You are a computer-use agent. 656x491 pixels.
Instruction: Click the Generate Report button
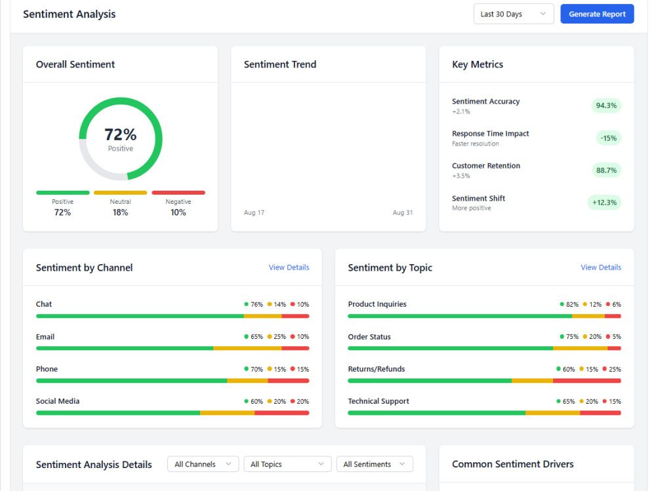point(597,14)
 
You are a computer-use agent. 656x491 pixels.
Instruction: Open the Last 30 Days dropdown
point(514,14)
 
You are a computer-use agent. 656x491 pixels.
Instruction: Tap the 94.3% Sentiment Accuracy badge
point(606,106)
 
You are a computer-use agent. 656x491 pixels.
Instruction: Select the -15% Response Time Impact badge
point(608,138)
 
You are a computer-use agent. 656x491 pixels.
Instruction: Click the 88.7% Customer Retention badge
point(606,170)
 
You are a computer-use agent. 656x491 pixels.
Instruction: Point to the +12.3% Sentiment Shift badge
point(604,203)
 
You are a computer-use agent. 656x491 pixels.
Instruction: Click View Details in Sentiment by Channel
point(289,267)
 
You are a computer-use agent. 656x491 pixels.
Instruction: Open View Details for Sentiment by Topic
point(601,267)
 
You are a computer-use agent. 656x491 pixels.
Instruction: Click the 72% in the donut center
point(121,134)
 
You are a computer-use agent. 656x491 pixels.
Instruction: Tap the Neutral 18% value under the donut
point(120,212)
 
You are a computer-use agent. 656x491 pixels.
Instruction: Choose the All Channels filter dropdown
point(203,464)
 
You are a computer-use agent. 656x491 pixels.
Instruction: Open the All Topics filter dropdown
point(287,464)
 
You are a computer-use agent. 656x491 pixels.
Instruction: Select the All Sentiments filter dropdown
point(375,464)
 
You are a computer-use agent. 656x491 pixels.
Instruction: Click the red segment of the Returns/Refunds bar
point(587,381)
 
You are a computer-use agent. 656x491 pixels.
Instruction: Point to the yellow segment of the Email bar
point(247,348)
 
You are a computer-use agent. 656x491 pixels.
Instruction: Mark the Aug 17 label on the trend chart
point(254,212)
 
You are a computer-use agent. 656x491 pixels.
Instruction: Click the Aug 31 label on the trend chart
point(403,212)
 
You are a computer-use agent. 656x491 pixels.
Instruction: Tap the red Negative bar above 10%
point(178,193)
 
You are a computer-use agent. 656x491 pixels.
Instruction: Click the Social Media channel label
point(58,401)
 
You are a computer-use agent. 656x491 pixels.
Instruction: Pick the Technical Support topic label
point(379,401)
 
